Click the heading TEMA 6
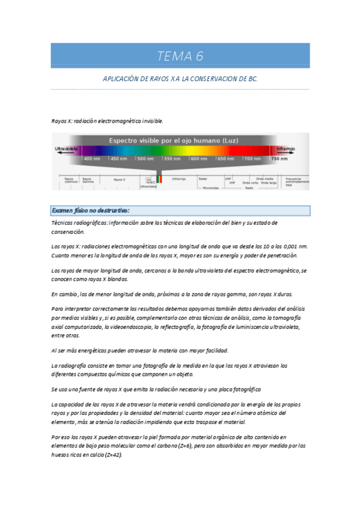click(x=180, y=57)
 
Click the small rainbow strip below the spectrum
click(x=159, y=179)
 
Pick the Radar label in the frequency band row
click(x=203, y=179)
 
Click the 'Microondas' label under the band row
click(x=211, y=188)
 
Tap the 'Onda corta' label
click(x=251, y=182)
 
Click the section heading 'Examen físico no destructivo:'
click(x=91, y=210)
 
